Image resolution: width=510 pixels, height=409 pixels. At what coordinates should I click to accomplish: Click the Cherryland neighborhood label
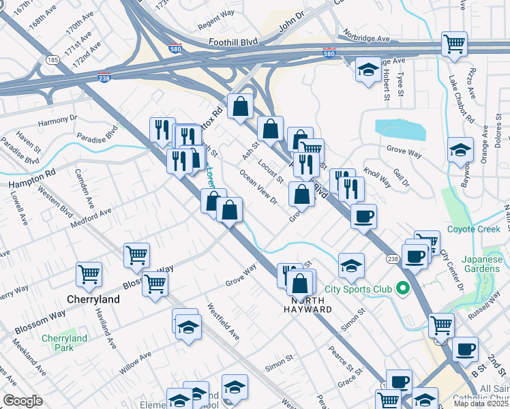[93, 299]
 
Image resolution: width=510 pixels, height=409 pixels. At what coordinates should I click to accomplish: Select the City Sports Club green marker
[402, 289]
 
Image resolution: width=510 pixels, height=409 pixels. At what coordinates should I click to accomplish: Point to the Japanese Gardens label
[481, 264]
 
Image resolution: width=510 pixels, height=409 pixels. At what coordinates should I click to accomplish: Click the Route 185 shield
[52, 61]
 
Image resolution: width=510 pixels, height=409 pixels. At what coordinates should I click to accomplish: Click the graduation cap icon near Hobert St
[368, 70]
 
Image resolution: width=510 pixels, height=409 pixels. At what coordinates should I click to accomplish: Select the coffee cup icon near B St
[465, 350]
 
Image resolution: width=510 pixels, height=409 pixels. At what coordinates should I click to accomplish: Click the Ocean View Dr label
[258, 186]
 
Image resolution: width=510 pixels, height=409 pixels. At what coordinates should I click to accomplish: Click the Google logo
[22, 401]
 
